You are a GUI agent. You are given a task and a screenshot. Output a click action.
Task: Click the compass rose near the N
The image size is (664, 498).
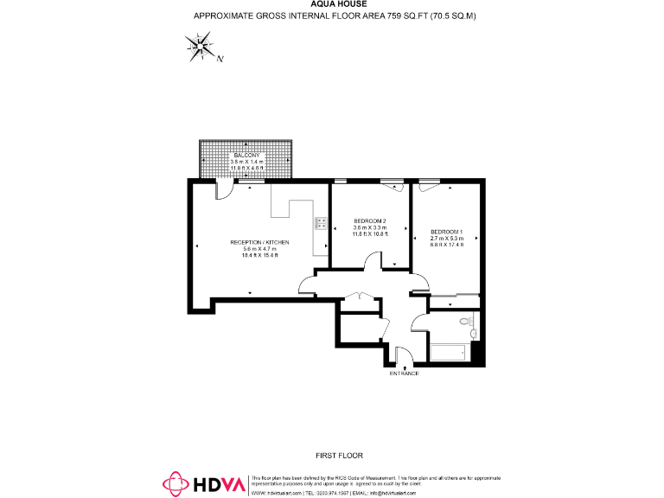pyautogui.click(x=201, y=46)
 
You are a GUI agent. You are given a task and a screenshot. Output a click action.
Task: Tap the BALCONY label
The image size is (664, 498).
pyautogui.click(x=246, y=155)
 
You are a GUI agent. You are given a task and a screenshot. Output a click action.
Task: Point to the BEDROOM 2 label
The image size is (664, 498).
pyautogui.click(x=370, y=220)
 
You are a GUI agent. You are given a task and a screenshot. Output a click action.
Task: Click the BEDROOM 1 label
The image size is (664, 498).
pyautogui.click(x=447, y=232)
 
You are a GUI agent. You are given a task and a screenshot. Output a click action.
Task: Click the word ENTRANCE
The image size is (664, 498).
pyautogui.click(x=404, y=373)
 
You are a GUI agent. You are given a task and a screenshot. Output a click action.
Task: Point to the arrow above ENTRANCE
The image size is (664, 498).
pyautogui.click(x=404, y=367)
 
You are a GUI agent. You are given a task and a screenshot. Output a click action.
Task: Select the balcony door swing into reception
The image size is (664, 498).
pyautogui.click(x=222, y=190)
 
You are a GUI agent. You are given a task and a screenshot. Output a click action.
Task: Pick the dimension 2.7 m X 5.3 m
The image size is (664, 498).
pyautogui.click(x=447, y=239)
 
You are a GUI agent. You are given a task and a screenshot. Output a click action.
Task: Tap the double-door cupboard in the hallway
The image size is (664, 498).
pyautogui.click(x=357, y=298)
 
